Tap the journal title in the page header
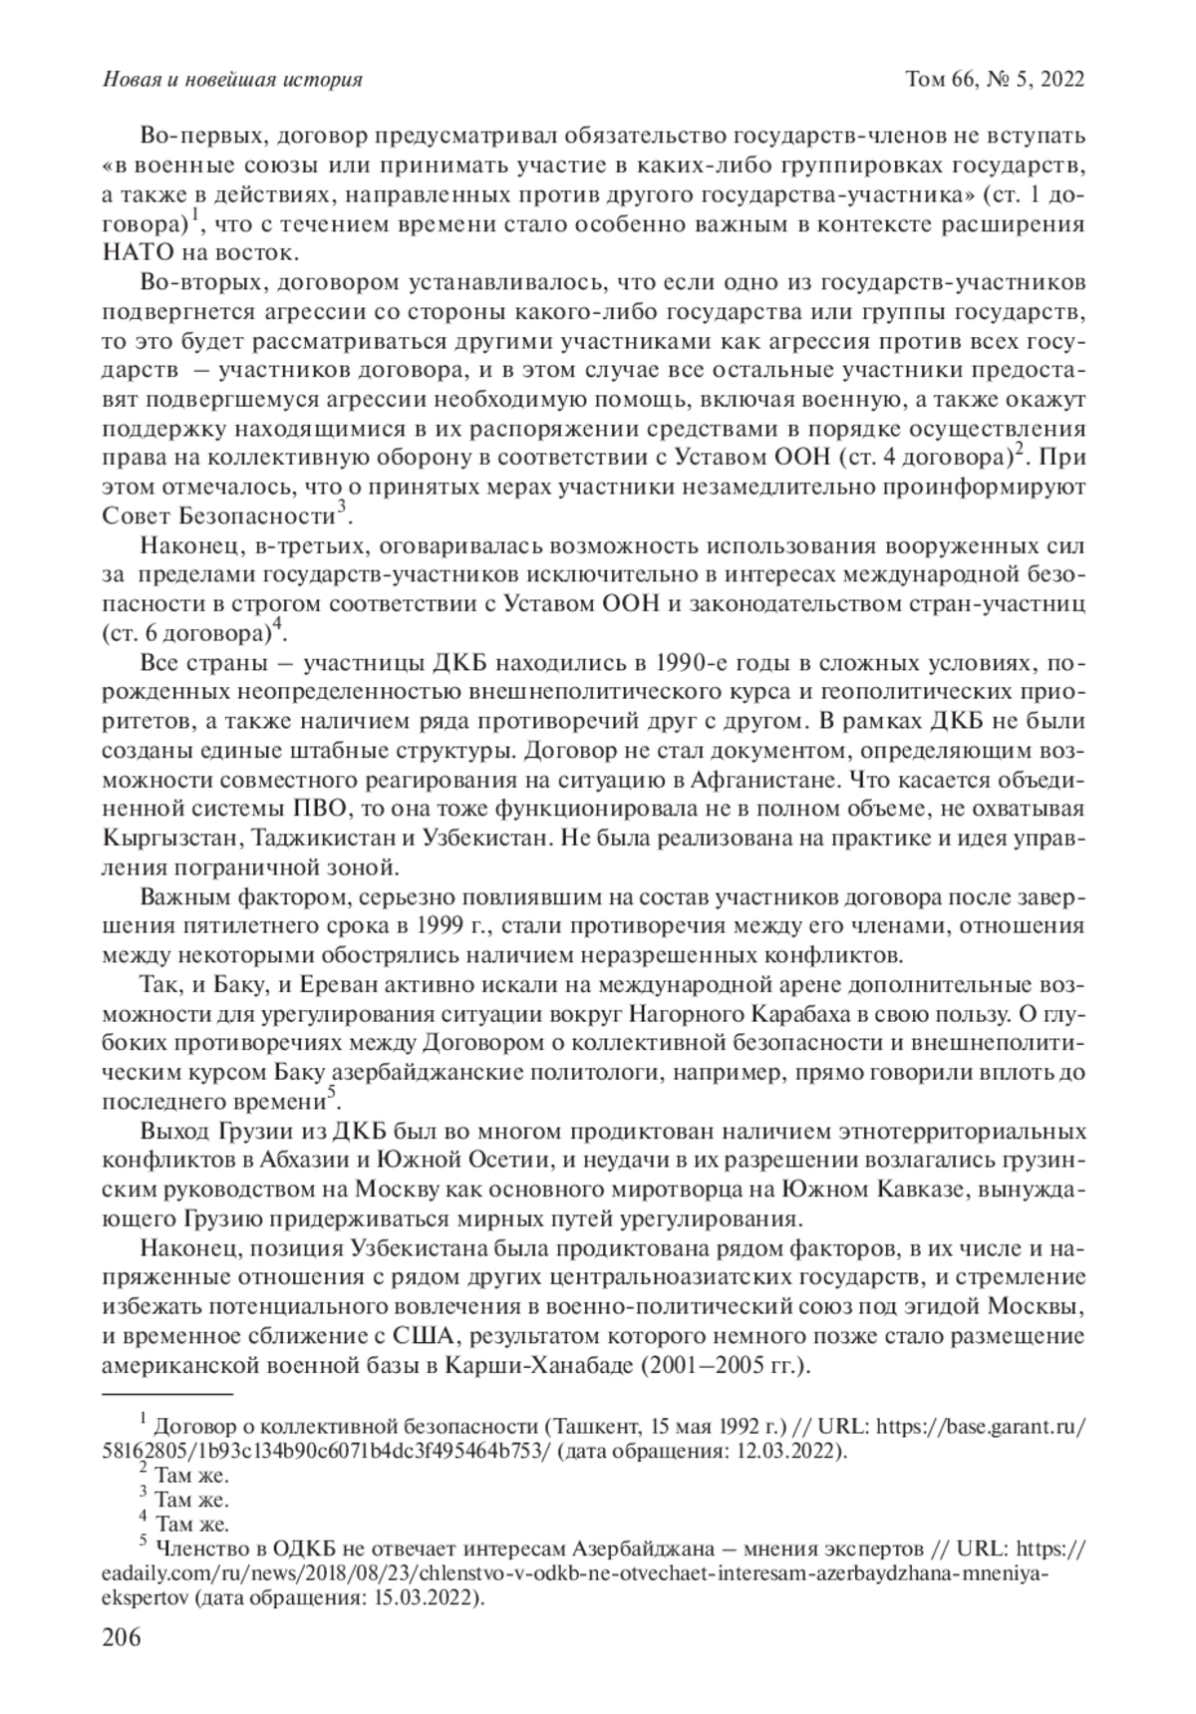pos(232,79)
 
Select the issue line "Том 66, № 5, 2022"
pos(994,79)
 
